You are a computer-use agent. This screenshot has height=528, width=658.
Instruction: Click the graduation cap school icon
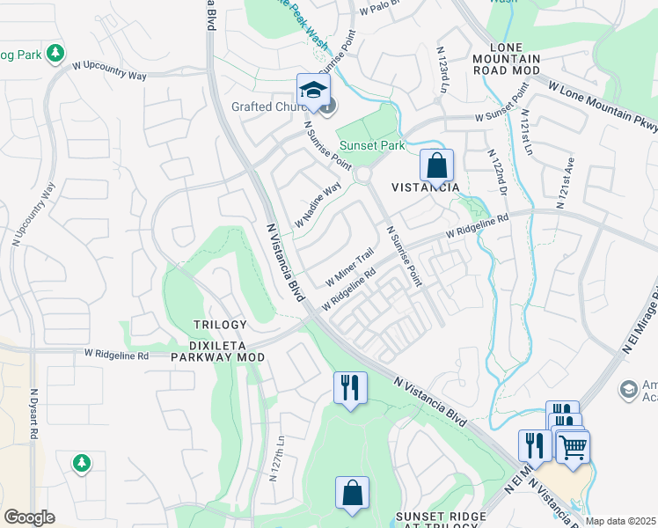click(x=312, y=89)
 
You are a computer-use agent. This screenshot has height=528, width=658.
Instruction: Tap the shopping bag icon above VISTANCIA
click(x=436, y=165)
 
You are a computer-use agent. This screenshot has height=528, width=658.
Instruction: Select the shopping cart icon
click(x=573, y=446)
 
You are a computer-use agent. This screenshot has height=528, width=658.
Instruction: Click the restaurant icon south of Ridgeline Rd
click(x=350, y=387)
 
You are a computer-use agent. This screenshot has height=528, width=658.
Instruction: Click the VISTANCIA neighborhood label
click(x=425, y=188)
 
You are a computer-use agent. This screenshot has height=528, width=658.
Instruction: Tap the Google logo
click(x=29, y=517)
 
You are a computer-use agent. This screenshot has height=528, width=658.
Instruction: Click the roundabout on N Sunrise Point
click(x=362, y=177)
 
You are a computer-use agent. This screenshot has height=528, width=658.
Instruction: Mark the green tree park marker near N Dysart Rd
click(x=81, y=462)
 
